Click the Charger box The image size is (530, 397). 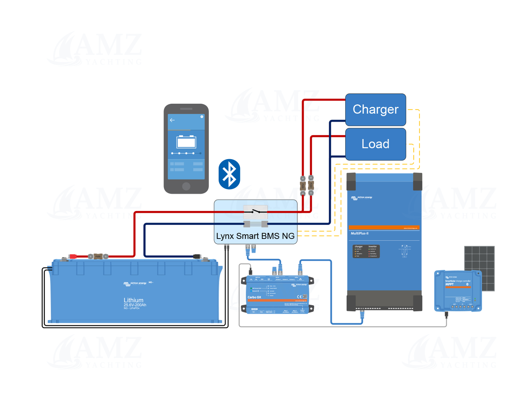click(375, 109)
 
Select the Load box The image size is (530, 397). click(375, 144)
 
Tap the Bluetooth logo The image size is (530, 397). click(229, 174)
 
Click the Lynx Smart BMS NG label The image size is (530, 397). click(255, 236)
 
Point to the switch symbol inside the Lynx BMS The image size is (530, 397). click(255, 212)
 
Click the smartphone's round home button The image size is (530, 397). click(186, 186)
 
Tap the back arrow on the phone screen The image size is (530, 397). click(172, 120)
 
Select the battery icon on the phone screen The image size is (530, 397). click(186, 142)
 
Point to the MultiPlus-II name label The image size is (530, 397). click(360, 234)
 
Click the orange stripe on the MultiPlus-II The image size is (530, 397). click(384, 227)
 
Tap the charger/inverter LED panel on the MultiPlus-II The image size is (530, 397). click(366, 251)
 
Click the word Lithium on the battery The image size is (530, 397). click(134, 300)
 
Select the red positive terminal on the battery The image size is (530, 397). click(73, 256)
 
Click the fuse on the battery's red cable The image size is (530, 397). click(98, 256)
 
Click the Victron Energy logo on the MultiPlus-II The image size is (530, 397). click(362, 197)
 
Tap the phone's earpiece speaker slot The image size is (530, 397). click(186, 109)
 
